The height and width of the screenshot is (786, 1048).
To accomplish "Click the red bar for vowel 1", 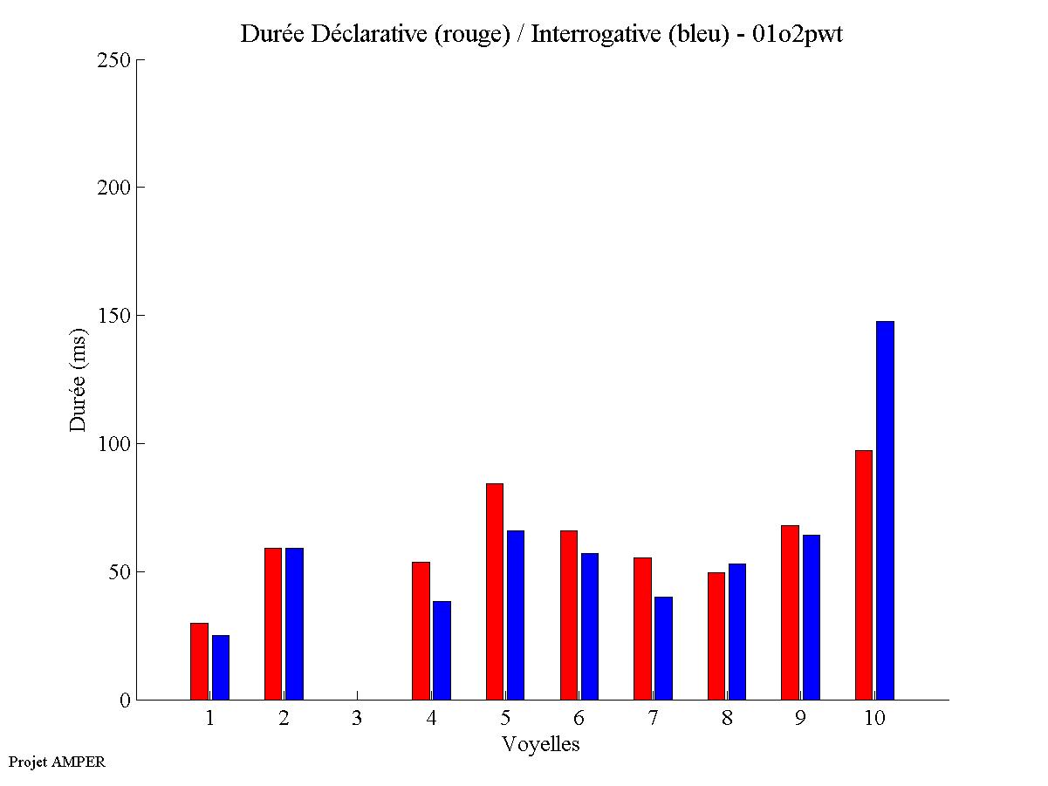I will coord(199,661).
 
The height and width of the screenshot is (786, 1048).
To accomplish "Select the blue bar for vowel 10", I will coord(885,510).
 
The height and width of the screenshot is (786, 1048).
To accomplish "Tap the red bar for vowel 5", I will coord(494,591).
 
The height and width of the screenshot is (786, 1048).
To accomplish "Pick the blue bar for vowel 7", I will coord(663,648).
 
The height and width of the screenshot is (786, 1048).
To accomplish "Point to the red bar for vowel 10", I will coord(863,575).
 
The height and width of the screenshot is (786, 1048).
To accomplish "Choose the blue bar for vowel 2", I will coord(294,624).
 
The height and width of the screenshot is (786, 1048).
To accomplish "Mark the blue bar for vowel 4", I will coord(442,650).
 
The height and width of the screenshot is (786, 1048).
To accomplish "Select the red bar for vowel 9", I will coord(790,612).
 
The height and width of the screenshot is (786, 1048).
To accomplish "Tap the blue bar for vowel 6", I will coord(589,626).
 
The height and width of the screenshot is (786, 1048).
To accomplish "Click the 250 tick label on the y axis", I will coord(113,60).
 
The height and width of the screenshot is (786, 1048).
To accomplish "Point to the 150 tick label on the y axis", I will coord(113,316).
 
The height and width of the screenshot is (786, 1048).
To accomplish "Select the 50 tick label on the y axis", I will coord(119,572).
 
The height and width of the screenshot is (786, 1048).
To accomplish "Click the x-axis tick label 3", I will coord(357,719).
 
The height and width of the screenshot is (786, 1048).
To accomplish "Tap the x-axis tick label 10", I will coord(874,719).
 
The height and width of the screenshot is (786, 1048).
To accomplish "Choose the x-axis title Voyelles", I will coord(541,744).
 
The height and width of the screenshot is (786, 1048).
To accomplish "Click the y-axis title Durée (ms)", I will coord(79,379).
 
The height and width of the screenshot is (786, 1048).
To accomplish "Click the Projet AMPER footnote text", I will coord(57,762).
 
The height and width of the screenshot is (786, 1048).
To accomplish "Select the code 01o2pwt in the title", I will coord(798,34).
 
